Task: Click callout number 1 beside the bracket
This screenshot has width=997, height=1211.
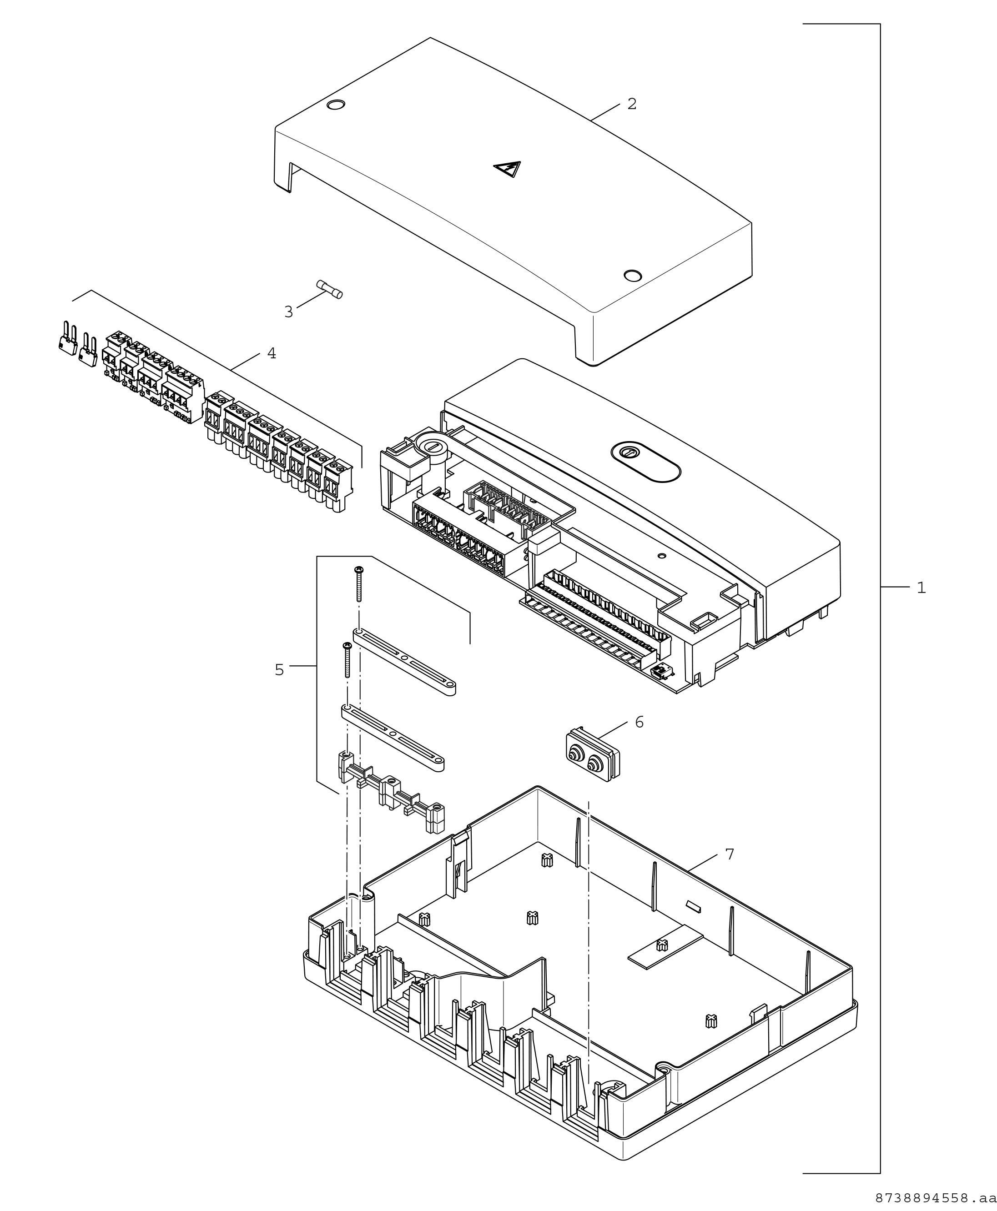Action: pyautogui.click(x=921, y=588)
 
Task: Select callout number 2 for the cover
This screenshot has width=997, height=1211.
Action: pyautogui.click(x=632, y=104)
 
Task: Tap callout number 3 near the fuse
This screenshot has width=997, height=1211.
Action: pyautogui.click(x=288, y=312)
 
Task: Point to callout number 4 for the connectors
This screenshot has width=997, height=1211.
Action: pyautogui.click(x=272, y=353)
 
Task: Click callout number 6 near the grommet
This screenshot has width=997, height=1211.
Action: pyautogui.click(x=639, y=722)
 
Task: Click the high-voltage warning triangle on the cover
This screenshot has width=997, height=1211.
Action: pyautogui.click(x=507, y=169)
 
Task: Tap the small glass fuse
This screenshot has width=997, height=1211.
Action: pyautogui.click(x=330, y=289)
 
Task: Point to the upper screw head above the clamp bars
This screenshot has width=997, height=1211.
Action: pyautogui.click(x=359, y=570)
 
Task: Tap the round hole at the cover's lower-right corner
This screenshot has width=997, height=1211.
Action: pyautogui.click(x=632, y=275)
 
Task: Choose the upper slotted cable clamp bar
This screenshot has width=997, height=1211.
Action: pyautogui.click(x=405, y=662)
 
